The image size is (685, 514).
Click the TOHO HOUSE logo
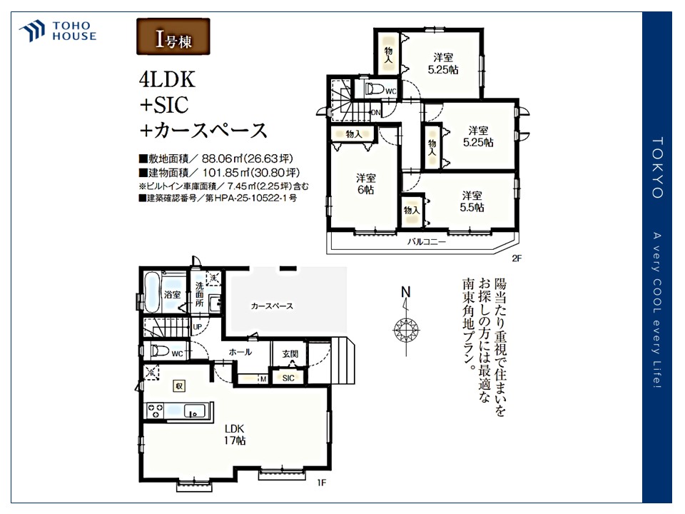(58, 31)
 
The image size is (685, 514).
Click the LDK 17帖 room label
(235, 435)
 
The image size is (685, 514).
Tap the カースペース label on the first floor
(272, 306)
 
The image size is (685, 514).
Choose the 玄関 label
(290, 353)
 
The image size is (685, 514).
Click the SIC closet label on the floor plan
(288, 378)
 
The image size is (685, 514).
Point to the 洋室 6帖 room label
(366, 185)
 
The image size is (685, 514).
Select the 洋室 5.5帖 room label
(472, 201)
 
